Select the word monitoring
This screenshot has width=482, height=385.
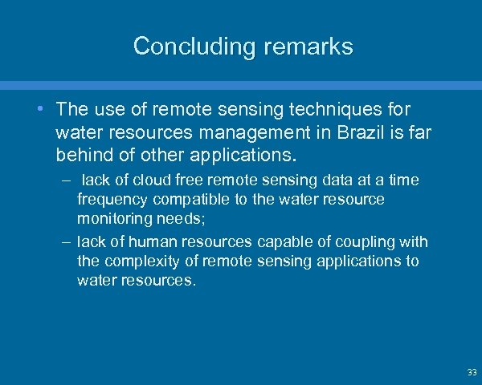(113, 217)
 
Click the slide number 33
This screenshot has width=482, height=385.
(471, 372)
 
